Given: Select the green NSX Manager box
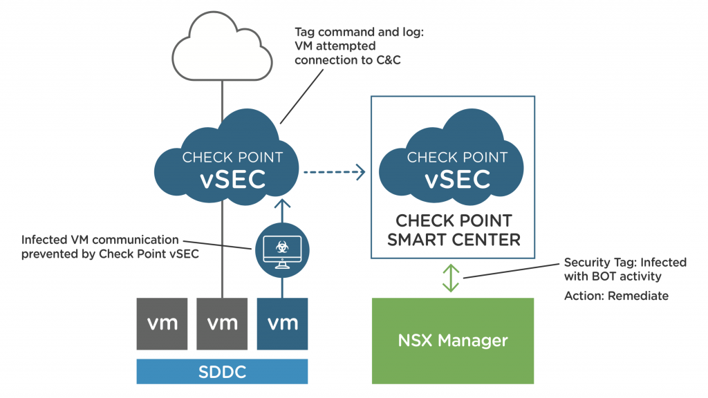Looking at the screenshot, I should point(453,341).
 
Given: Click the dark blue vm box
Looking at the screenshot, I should point(282,323).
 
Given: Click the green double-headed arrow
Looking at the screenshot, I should point(451,276).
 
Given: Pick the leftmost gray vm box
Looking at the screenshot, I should point(160,323).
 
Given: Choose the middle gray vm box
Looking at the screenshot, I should point(222,323).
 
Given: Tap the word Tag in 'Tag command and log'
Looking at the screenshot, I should point(306,32).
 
